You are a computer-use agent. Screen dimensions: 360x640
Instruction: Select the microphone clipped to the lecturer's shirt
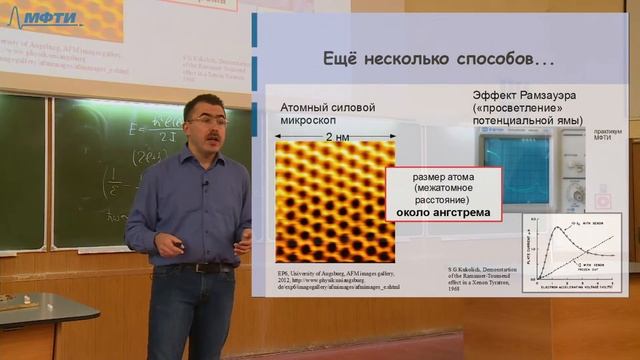(205, 183)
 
